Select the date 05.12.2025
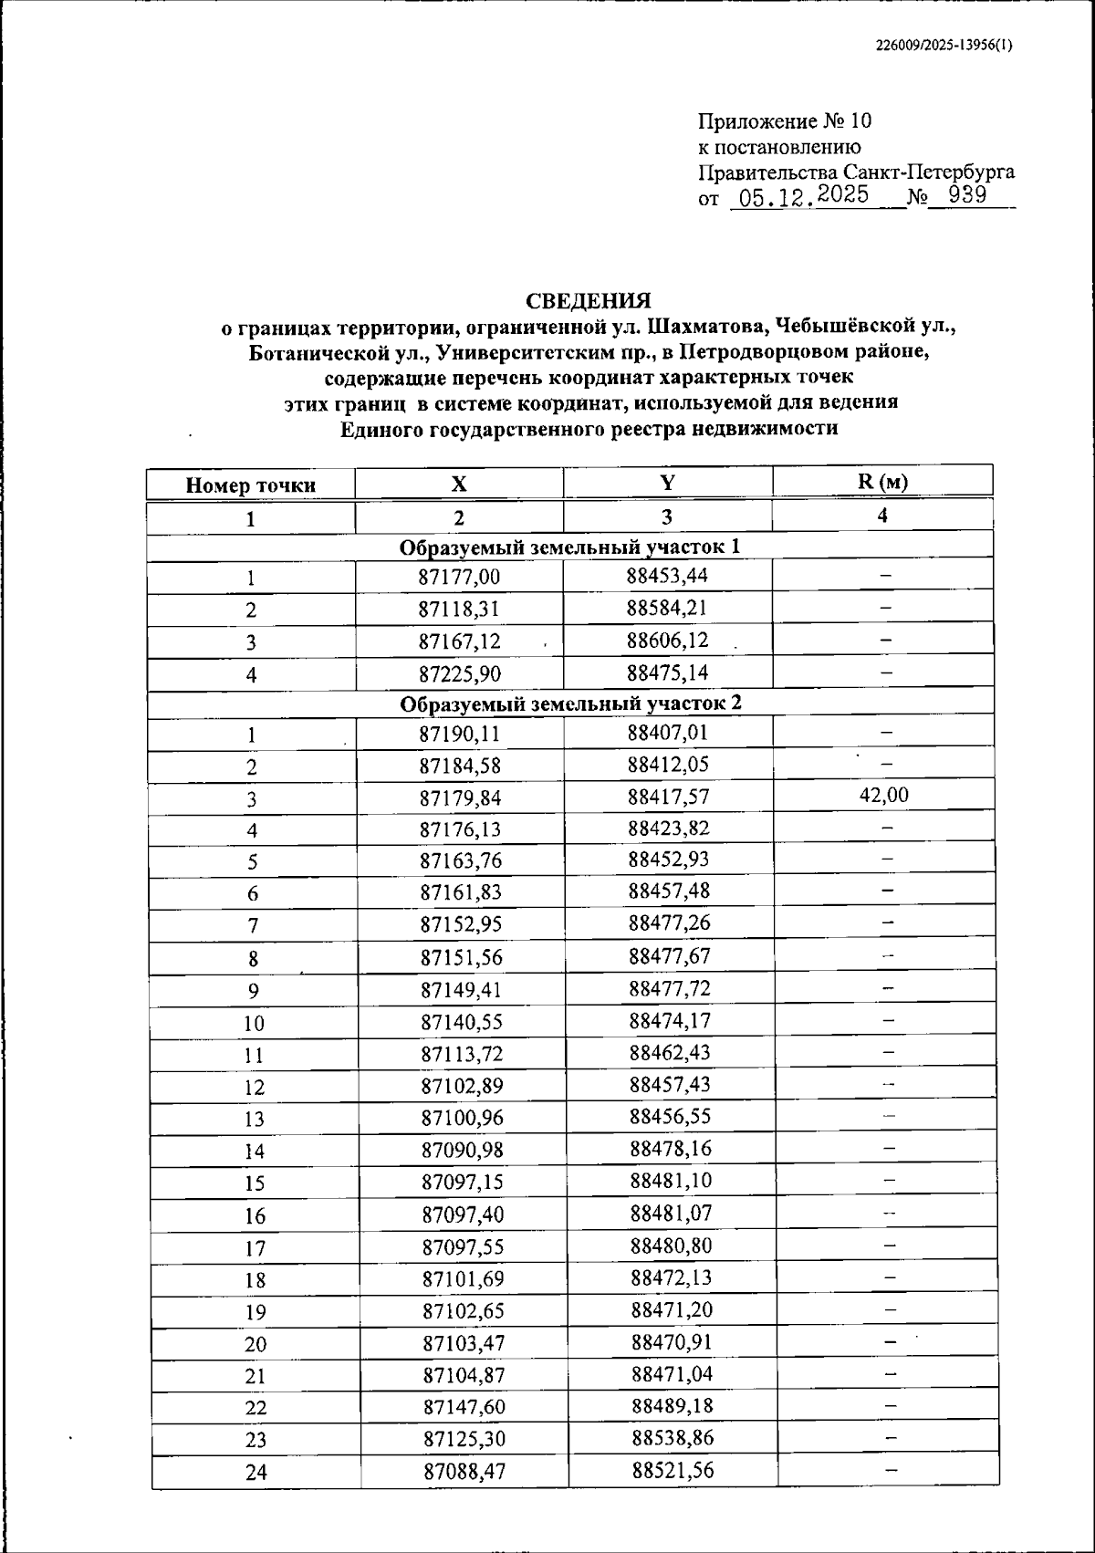[x=804, y=196]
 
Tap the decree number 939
[x=968, y=195]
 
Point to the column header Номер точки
[x=251, y=485]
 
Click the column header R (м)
[x=881, y=482]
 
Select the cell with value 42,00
[x=883, y=795]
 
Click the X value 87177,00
[x=460, y=577]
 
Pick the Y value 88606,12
[x=668, y=641]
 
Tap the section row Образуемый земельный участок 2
[x=570, y=704]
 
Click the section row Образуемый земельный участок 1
[x=569, y=547]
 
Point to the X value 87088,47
[x=464, y=1471]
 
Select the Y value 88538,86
[x=673, y=1438]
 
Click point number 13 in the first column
[x=254, y=1119]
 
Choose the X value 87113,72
[x=462, y=1054]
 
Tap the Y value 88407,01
[x=668, y=733]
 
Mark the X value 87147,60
[x=463, y=1407]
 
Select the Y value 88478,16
[x=671, y=1149]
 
